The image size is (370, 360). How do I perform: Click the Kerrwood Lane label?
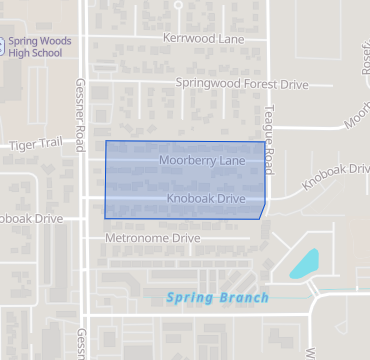[x=203, y=38]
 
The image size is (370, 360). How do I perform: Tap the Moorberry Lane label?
[x=201, y=160]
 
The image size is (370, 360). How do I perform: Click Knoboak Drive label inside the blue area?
[x=206, y=199]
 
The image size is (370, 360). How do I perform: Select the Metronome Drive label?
[x=152, y=239]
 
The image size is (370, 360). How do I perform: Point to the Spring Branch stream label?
[x=217, y=297]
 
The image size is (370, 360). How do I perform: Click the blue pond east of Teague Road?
[x=305, y=264]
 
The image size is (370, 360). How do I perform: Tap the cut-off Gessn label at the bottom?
[x=79, y=343]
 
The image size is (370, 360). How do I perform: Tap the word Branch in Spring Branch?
[x=245, y=297]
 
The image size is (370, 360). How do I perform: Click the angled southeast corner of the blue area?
[x=262, y=211]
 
